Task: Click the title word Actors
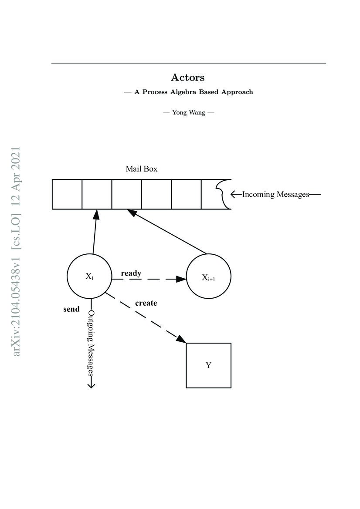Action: pyautogui.click(x=188, y=78)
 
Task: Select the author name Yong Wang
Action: pyautogui.click(x=188, y=112)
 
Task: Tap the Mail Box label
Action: pyautogui.click(x=141, y=169)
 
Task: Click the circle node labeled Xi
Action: pyautogui.click(x=89, y=276)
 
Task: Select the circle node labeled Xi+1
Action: pyautogui.click(x=208, y=277)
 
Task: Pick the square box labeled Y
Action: pyautogui.click(x=208, y=365)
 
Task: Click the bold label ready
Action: pyautogui.click(x=131, y=273)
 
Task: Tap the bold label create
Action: pyautogui.click(x=146, y=303)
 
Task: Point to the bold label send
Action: pyautogui.click(x=71, y=309)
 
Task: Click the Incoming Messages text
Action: pyautogui.click(x=275, y=194)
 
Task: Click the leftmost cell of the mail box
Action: pyautogui.click(x=67, y=194)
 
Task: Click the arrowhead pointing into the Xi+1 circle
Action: pyautogui.click(x=181, y=279)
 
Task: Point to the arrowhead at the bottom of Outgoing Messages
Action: pyautogui.click(x=92, y=385)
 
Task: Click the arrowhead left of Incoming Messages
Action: pyautogui.click(x=234, y=194)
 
